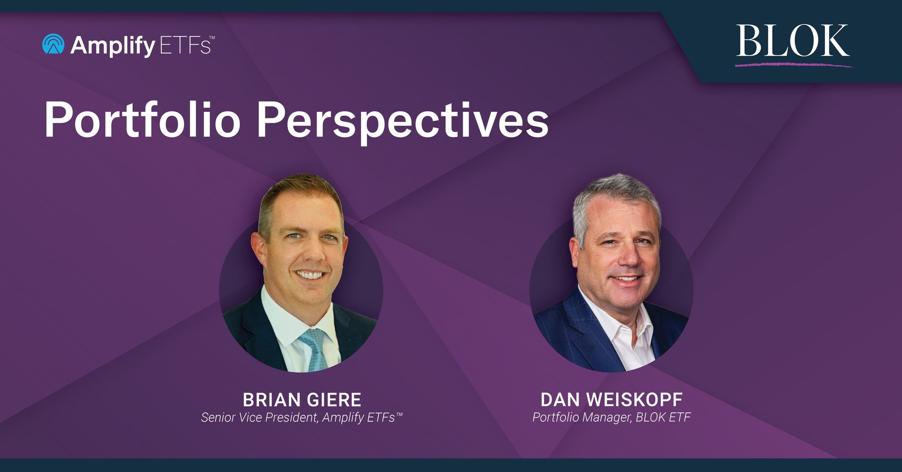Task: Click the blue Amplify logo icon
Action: coord(53,44)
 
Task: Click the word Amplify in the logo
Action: coord(113,46)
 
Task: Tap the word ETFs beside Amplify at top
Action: coord(184,46)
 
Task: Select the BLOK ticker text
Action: coord(793,41)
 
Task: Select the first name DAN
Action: coord(560,400)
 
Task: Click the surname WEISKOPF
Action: coord(634,400)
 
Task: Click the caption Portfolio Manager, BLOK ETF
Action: coord(611,417)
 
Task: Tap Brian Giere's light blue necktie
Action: coord(313,347)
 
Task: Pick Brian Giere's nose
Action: coord(311,254)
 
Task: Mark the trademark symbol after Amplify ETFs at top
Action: coord(212,37)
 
